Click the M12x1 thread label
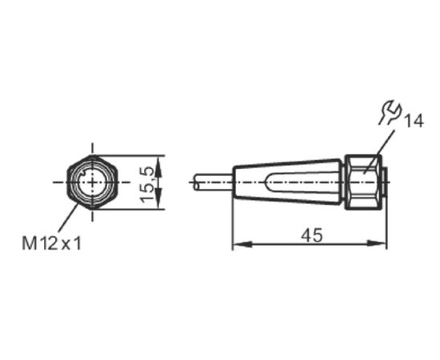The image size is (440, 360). (x=52, y=243)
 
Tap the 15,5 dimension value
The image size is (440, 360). (x=147, y=184)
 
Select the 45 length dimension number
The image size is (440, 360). (x=312, y=235)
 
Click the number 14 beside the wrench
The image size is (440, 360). (x=413, y=122)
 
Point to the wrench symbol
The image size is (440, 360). (x=390, y=112)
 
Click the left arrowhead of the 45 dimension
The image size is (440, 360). (x=242, y=244)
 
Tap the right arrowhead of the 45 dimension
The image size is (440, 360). (x=377, y=244)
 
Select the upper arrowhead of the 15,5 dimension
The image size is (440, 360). (x=159, y=166)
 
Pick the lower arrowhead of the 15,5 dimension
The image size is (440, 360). (x=159, y=198)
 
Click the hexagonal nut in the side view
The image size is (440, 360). (x=363, y=182)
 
